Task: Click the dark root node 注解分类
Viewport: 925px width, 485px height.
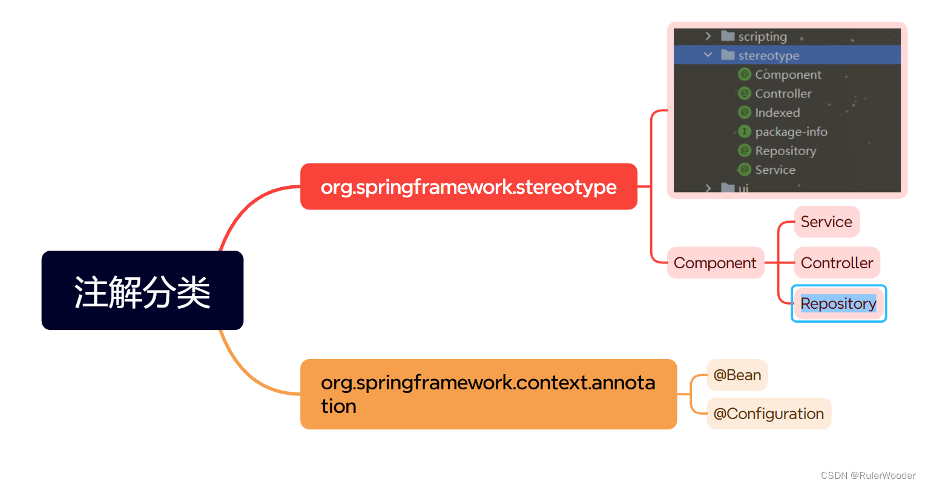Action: click(x=142, y=291)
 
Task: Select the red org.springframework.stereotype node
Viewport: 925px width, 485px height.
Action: click(x=469, y=186)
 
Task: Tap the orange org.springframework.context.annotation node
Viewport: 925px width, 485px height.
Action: click(x=488, y=394)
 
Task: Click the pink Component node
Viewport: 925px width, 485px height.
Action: click(x=715, y=263)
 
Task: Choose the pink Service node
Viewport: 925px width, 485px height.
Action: click(x=826, y=222)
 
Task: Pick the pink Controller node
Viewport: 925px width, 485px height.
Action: click(x=837, y=263)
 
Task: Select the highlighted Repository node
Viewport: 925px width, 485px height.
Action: click(x=838, y=303)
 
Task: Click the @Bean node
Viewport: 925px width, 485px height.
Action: click(x=737, y=375)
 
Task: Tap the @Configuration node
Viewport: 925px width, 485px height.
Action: click(x=768, y=414)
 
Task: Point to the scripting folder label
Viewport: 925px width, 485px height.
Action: click(x=762, y=37)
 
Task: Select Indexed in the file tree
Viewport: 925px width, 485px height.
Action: click(x=777, y=113)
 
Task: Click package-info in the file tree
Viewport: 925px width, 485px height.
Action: click(x=791, y=132)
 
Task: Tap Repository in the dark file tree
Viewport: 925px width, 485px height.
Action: click(x=785, y=151)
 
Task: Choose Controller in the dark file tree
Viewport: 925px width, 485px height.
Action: click(x=783, y=94)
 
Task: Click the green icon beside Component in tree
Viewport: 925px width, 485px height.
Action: click(x=745, y=74)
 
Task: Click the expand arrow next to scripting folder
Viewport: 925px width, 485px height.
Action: click(x=708, y=36)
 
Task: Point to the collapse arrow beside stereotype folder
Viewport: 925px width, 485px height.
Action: click(x=708, y=55)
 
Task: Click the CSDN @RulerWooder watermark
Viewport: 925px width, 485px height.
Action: click(x=867, y=475)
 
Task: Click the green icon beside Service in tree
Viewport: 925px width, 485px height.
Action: click(x=745, y=170)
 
